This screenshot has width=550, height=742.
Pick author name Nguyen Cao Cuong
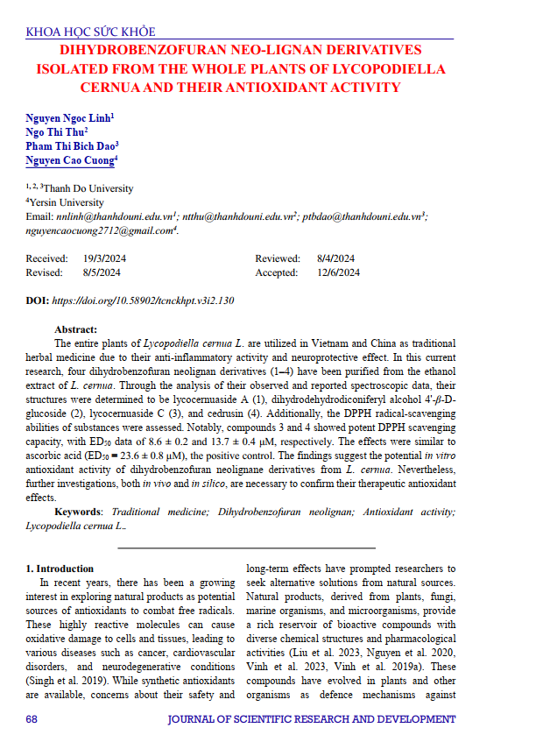(69, 161)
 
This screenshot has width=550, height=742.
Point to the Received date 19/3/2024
(105, 258)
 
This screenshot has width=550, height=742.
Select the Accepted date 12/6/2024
(338, 272)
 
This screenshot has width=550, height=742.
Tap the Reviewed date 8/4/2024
(335, 258)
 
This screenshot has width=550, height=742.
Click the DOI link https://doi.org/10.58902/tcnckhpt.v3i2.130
(143, 300)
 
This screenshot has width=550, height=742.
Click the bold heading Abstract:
(75, 329)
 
